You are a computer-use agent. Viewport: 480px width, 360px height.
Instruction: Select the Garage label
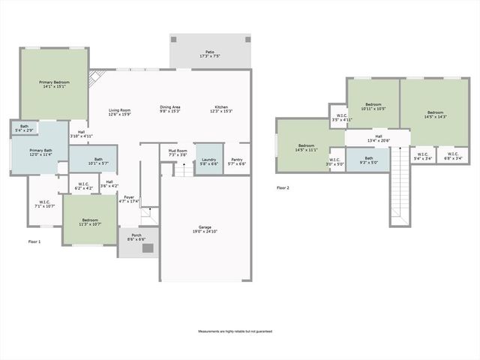204,226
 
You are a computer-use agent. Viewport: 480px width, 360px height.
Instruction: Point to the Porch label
136,235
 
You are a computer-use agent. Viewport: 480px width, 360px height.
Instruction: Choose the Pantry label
236,159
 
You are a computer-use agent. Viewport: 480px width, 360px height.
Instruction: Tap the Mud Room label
178,151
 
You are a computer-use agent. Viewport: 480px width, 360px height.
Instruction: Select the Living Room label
120,109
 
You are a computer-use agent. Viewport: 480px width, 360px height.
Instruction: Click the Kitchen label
221,107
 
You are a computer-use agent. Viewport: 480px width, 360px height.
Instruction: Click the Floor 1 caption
34,241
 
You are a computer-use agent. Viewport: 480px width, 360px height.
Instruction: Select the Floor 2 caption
283,187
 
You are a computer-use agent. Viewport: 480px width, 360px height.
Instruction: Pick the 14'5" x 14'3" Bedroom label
436,114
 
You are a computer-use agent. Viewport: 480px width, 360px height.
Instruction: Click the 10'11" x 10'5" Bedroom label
373,104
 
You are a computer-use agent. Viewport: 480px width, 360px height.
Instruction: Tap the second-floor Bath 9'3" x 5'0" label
368,158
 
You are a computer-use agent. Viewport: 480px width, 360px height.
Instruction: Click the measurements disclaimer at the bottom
235,331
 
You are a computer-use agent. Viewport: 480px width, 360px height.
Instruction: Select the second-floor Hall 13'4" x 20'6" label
378,137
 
